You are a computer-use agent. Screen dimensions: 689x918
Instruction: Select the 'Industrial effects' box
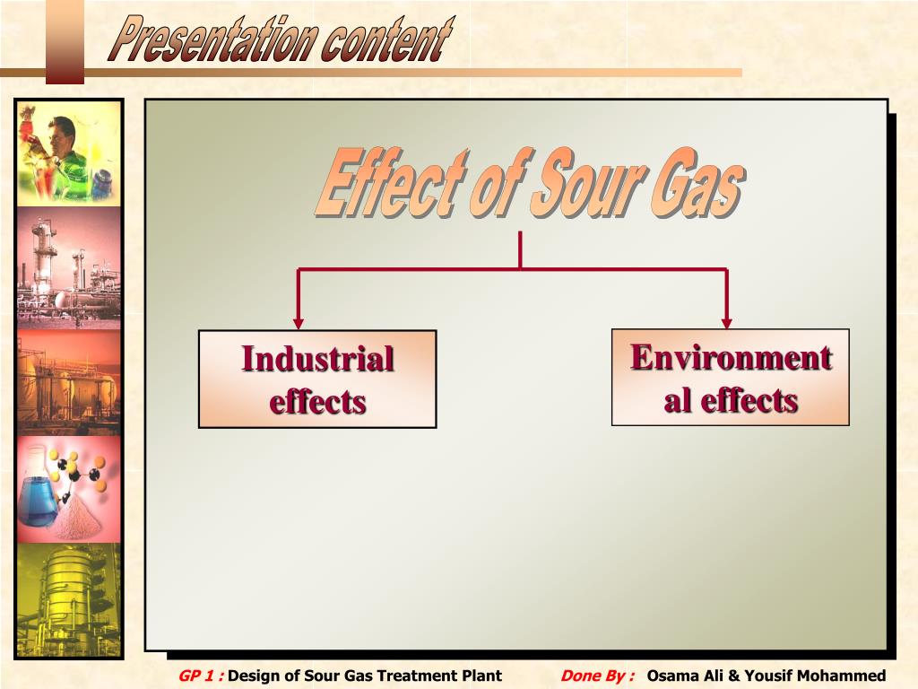(x=317, y=379)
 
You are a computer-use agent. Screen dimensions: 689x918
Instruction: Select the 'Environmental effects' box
(x=730, y=377)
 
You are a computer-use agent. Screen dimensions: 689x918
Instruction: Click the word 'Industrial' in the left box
(x=317, y=359)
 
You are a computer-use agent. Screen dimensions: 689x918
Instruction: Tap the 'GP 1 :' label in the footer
(x=200, y=676)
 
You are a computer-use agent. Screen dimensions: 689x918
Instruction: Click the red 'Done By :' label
(x=597, y=676)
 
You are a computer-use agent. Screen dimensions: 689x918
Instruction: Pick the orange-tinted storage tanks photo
(x=68, y=382)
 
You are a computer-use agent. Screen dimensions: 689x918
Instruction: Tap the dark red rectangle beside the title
(x=65, y=41)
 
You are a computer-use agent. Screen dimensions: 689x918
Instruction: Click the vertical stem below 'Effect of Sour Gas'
(x=520, y=249)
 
